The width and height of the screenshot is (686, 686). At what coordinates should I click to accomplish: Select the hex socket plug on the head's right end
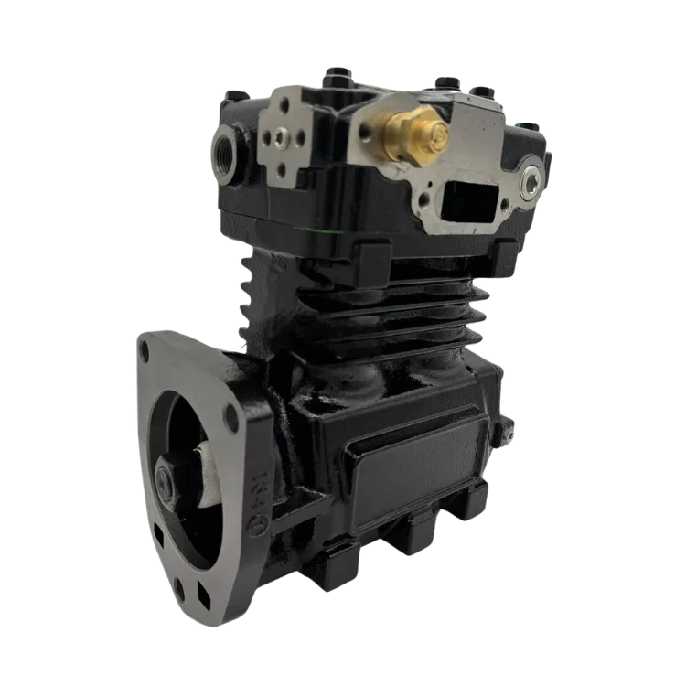pyautogui.click(x=529, y=185)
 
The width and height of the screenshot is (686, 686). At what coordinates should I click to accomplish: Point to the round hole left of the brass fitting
pyautogui.click(x=365, y=131)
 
